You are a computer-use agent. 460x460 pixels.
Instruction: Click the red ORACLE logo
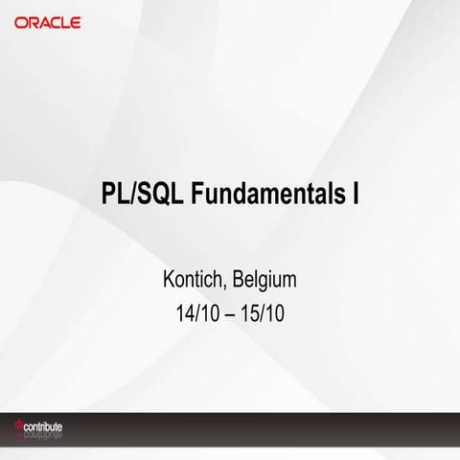coord(47,21)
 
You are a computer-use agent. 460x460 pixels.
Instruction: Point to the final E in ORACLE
coord(76,21)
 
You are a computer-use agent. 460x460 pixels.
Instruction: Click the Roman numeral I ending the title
coord(355,194)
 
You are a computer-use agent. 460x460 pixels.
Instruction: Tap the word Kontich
coord(195,282)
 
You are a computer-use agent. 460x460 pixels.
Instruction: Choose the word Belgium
coord(264,282)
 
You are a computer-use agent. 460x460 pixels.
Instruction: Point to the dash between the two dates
coord(229,313)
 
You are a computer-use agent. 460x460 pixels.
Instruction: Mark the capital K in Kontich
coord(171,282)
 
